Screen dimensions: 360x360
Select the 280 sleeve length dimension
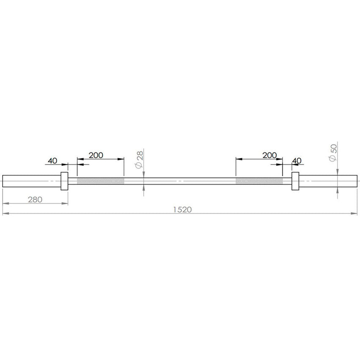click(35, 199)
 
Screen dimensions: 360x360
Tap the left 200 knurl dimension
click(97, 155)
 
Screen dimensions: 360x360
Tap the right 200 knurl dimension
click(270, 155)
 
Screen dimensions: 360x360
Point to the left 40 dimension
click(53, 161)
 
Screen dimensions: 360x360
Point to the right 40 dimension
click(296, 161)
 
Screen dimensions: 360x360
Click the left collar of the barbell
click(64, 181)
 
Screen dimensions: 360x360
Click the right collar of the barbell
click(295, 181)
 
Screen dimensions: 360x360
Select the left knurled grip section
click(100, 181)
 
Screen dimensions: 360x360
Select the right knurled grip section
click(259, 181)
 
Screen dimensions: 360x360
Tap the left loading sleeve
click(32, 181)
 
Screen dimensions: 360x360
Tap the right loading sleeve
click(328, 181)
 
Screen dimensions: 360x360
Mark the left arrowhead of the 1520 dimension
click(5, 214)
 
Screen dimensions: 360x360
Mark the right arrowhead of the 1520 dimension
click(354, 214)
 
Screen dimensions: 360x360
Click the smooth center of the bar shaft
click(180, 181)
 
